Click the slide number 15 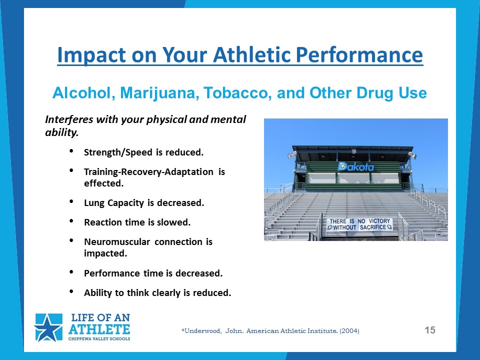point(430,330)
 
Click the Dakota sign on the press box point(355,166)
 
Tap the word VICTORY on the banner point(379,221)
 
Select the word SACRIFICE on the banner point(373,227)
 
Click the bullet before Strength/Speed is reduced point(71,151)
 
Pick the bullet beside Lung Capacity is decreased point(71,201)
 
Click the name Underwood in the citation point(201,331)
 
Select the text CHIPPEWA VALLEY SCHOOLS point(99,339)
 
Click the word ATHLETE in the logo point(99,329)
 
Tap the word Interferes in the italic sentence point(69,119)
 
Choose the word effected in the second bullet point(104,183)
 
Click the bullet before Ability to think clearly point(71,291)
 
